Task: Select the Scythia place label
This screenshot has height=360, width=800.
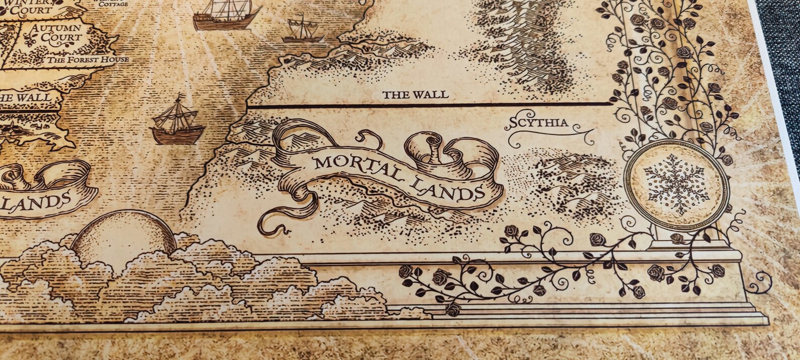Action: tap(531, 122)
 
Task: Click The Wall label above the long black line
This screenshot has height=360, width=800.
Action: tap(415, 95)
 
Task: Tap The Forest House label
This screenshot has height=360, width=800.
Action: tap(88, 60)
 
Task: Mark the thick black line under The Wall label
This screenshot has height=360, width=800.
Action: tap(428, 105)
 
